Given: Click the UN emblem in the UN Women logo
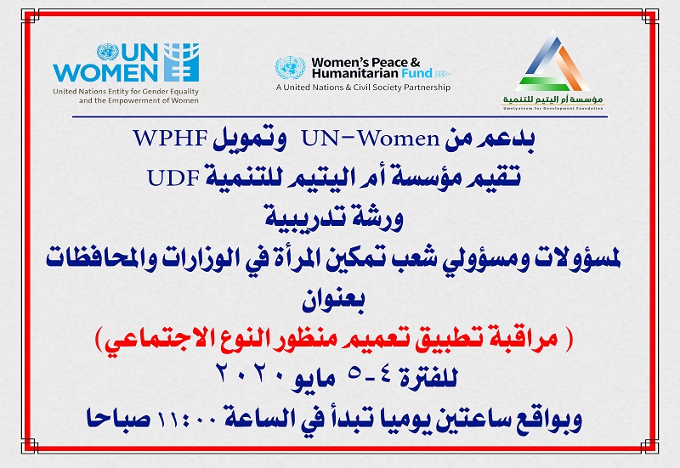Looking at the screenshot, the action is (108, 53).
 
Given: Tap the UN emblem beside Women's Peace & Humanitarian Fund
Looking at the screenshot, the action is (291, 68).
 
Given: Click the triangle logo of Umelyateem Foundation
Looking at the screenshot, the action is (553, 60).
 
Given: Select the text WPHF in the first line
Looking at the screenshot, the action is (171, 138).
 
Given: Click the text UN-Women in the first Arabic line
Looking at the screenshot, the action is (371, 138).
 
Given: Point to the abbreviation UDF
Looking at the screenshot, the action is (173, 178).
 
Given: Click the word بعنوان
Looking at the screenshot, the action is (333, 300).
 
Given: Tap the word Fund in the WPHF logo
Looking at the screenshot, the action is (416, 73).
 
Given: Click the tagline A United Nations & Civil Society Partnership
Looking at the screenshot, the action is (364, 87).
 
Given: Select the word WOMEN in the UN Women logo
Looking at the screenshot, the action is (105, 73).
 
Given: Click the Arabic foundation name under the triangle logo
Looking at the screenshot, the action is (553, 99).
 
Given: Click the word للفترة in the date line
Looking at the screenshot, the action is (428, 378).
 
